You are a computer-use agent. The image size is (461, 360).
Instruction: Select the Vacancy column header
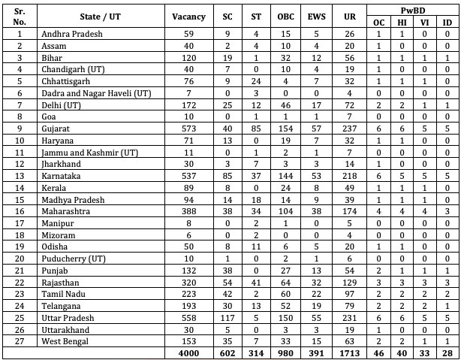(x=188, y=16)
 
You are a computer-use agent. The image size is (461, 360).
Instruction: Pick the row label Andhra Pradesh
(x=74, y=34)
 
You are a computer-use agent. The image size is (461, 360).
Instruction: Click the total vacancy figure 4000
(x=188, y=353)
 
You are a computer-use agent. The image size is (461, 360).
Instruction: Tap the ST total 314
(x=255, y=353)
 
